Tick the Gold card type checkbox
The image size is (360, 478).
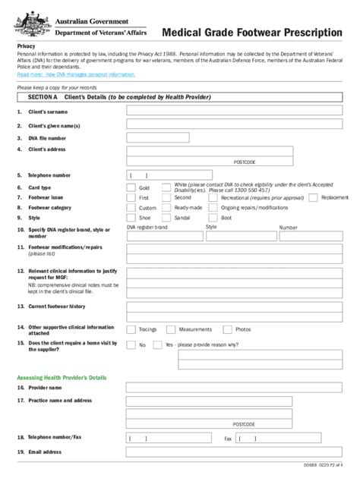click(x=131, y=187)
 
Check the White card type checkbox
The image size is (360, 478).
click(x=167, y=187)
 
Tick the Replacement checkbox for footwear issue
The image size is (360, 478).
click(x=313, y=197)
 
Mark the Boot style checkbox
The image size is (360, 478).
click(x=213, y=217)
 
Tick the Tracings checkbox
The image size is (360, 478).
click(x=131, y=329)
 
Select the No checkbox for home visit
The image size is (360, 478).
click(x=131, y=344)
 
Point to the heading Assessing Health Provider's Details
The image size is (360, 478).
click(x=62, y=377)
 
